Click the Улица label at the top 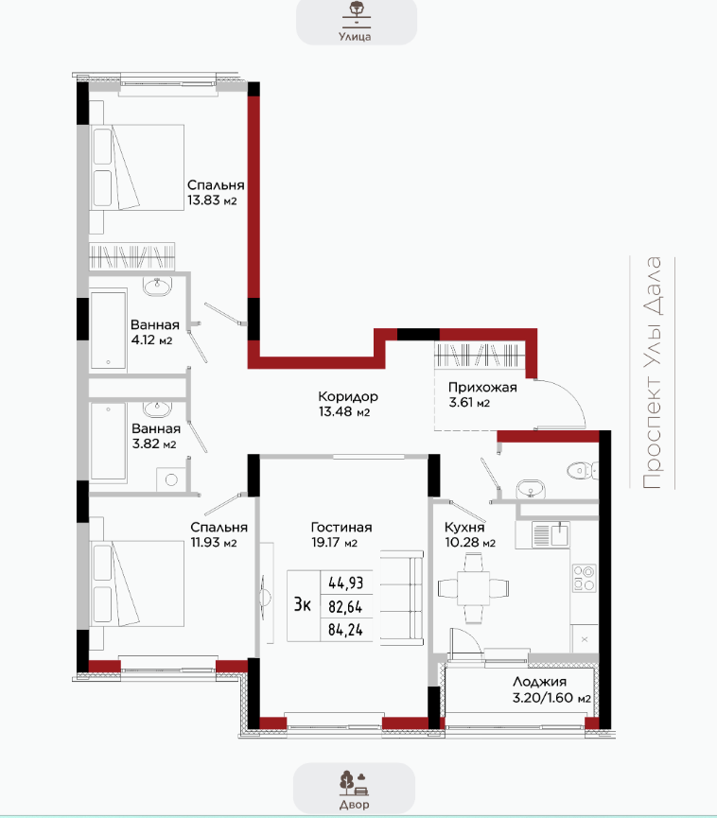(x=355, y=37)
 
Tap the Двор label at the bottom (x=355, y=805)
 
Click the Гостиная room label (x=341, y=528)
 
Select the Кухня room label (x=464, y=528)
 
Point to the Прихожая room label (x=482, y=388)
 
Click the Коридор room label (x=348, y=396)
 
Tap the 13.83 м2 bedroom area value (x=213, y=200)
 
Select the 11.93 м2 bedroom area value (x=214, y=543)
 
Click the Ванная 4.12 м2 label (x=155, y=332)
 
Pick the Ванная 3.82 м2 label (x=155, y=436)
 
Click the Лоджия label (x=539, y=682)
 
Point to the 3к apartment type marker (x=303, y=604)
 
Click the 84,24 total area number (x=345, y=630)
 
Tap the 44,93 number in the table (x=345, y=583)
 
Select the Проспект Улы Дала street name (x=652, y=373)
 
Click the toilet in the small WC (x=582, y=471)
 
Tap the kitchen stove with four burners (x=584, y=578)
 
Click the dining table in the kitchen (x=473, y=588)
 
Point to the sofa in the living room (x=401, y=598)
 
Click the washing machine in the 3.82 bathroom (x=170, y=479)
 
